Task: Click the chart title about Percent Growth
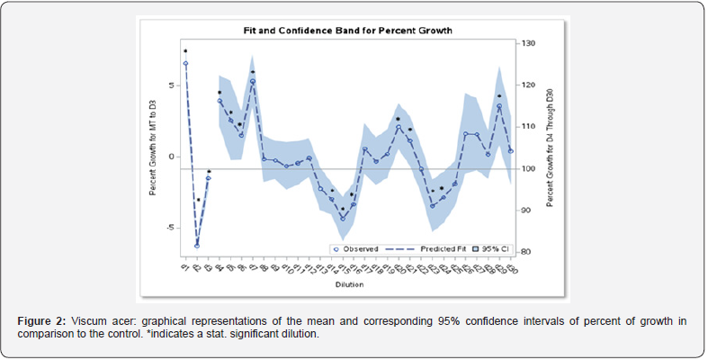[347, 31]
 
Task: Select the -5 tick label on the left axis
[169, 228]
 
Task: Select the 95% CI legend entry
[493, 247]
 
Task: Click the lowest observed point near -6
[197, 246]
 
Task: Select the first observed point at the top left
[185, 64]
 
